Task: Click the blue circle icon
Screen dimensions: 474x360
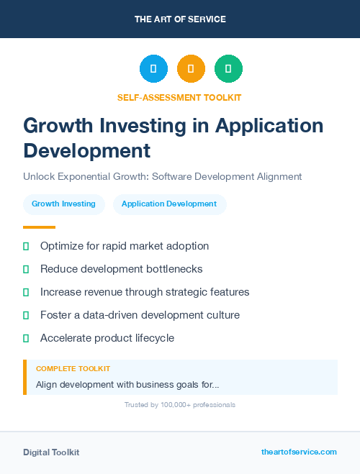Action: tap(153, 69)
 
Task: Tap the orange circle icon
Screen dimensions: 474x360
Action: tap(191, 69)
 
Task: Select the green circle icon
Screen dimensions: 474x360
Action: tap(228, 69)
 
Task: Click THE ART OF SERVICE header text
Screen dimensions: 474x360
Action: tap(180, 19)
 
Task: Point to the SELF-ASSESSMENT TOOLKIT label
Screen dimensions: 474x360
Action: tap(179, 97)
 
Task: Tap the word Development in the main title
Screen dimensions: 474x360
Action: tap(87, 150)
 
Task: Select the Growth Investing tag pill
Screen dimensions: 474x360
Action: tap(63, 204)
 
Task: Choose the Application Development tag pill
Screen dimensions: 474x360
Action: tap(169, 204)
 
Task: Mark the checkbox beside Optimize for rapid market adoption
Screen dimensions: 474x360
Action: tap(26, 246)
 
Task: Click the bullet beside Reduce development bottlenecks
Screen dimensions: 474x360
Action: tap(26, 269)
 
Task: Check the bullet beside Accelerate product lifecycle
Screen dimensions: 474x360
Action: tap(26, 338)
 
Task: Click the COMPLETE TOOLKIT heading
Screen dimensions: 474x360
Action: tap(73, 368)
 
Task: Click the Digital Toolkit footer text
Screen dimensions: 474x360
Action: tap(51, 452)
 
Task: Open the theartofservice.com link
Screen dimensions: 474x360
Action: tap(299, 452)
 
